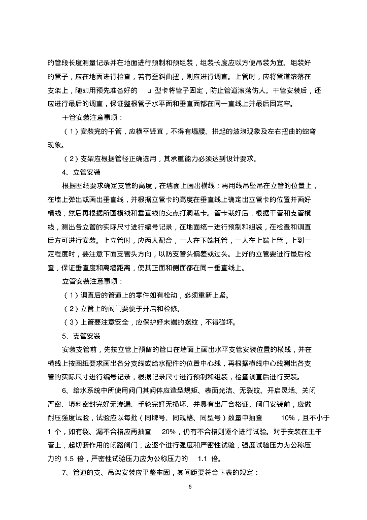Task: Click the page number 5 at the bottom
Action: click(x=189, y=487)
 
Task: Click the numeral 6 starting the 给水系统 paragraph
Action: click(x=64, y=390)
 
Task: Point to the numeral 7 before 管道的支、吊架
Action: click(x=64, y=472)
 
